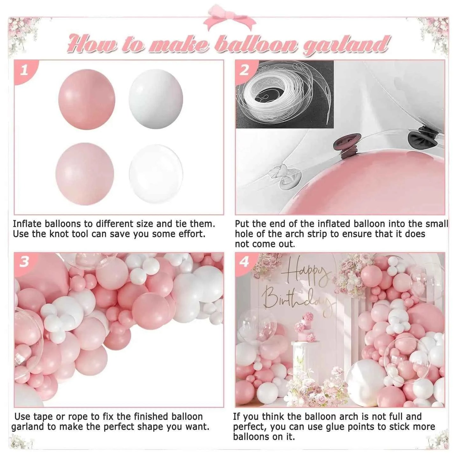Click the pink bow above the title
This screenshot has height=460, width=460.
click(230, 18)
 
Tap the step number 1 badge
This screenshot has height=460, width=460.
click(24, 70)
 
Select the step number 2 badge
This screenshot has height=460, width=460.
click(244, 70)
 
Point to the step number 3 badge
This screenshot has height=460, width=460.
click(24, 262)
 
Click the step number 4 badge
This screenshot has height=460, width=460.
click(244, 262)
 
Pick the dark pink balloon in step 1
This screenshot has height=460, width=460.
click(87, 99)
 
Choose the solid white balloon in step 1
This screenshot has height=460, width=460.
click(156, 99)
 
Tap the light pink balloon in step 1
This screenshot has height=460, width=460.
click(85, 173)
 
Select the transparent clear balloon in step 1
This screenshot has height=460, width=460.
click(156, 173)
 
